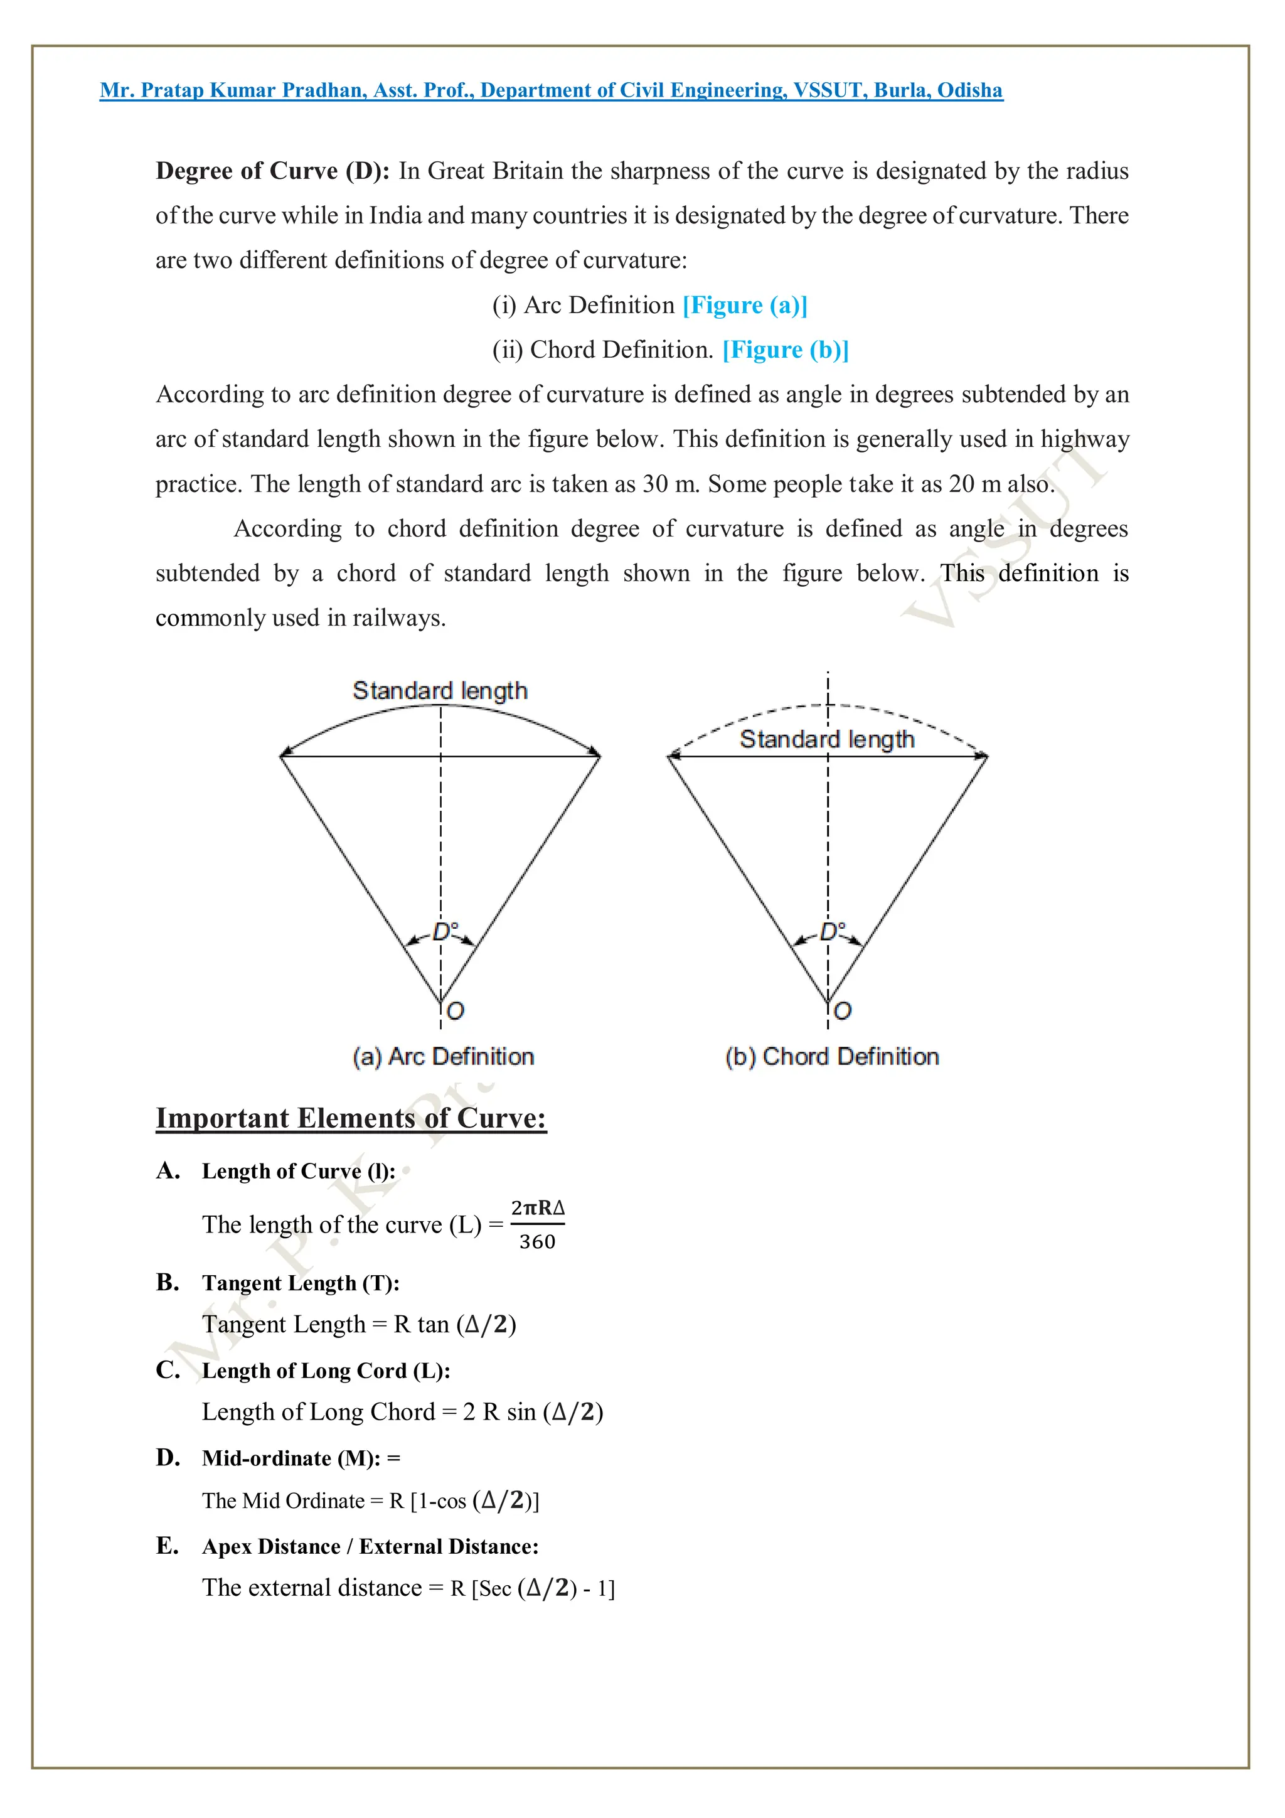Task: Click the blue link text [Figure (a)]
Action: click(745, 305)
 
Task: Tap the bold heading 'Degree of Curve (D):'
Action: click(272, 171)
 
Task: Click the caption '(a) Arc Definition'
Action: click(444, 1056)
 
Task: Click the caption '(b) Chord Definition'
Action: click(832, 1056)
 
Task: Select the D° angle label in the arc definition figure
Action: click(445, 931)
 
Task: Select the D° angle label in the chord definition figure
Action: click(832, 931)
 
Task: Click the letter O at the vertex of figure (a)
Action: click(456, 1011)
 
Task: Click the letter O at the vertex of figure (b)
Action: click(843, 1011)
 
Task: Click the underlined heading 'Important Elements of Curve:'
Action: click(351, 1118)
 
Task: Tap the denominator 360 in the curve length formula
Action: click(537, 1241)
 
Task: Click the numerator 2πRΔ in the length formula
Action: click(538, 1208)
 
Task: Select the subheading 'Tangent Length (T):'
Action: click(301, 1283)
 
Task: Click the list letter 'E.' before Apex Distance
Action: click(167, 1546)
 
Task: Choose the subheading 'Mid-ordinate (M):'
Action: click(291, 1458)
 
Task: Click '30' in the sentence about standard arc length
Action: click(655, 484)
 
